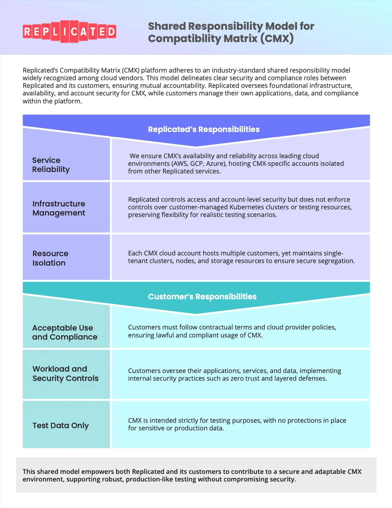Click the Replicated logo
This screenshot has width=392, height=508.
[x=69, y=32]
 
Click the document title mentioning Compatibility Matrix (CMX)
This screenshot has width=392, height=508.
[x=231, y=32]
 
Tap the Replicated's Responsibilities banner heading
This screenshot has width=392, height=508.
[x=204, y=130]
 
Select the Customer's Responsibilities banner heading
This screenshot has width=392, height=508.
[x=202, y=297]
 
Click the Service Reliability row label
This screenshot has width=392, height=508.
[x=51, y=165]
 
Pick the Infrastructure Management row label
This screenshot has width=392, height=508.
[x=59, y=208]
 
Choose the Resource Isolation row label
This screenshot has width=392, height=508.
[x=50, y=258]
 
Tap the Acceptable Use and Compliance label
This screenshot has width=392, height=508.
[x=65, y=332]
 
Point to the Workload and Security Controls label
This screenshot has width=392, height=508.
[x=65, y=373]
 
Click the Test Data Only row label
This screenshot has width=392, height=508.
[x=61, y=425]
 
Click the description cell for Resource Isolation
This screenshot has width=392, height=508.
[x=241, y=257]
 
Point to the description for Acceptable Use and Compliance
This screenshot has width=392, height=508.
[x=232, y=331]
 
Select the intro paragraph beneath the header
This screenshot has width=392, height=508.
[x=191, y=86]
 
